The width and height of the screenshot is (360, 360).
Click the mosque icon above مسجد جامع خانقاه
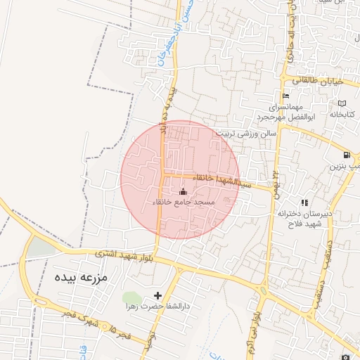184,191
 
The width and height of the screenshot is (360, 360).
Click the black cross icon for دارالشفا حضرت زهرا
157,296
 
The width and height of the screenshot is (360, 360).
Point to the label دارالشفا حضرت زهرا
157,307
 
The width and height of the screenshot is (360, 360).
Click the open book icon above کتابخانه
341,103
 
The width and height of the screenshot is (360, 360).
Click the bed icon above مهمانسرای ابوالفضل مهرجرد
285,96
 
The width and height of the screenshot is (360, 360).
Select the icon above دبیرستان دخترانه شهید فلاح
304,202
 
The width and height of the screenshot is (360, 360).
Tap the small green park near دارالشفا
131,298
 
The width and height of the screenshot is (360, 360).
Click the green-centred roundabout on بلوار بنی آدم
262,290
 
